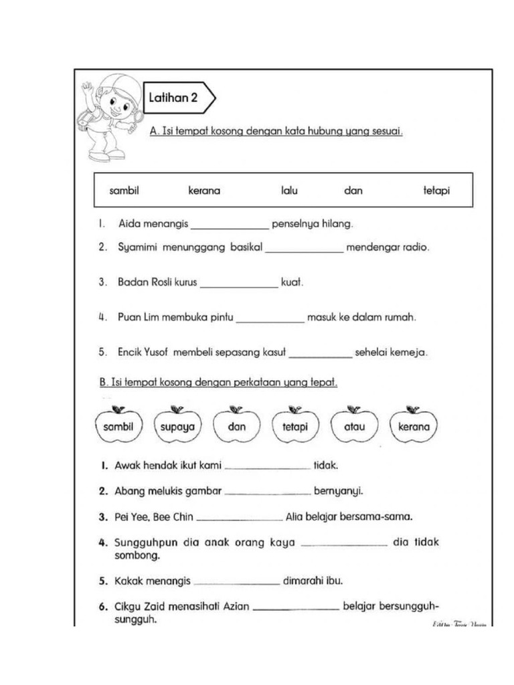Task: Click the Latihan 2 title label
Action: tap(173, 98)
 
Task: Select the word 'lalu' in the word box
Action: tap(289, 191)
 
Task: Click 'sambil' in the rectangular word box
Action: tap(124, 191)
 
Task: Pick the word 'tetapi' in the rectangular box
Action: tap(436, 191)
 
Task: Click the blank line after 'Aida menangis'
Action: tap(230, 225)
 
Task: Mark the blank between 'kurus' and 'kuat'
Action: tap(239, 285)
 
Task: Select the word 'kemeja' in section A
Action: tap(410, 352)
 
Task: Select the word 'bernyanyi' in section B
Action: tap(338, 491)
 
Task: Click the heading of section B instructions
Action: tap(218, 383)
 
